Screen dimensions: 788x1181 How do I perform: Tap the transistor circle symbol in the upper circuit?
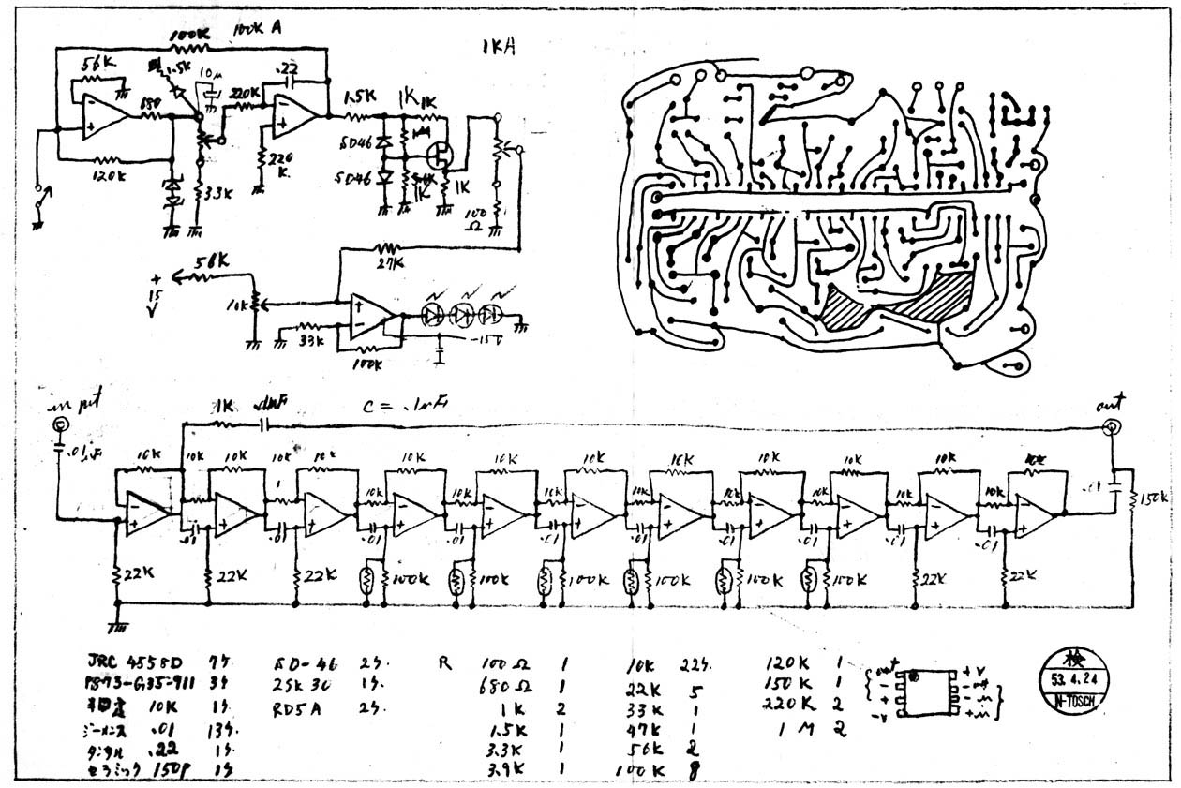click(x=440, y=154)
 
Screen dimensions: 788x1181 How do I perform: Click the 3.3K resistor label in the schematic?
click(x=218, y=194)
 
